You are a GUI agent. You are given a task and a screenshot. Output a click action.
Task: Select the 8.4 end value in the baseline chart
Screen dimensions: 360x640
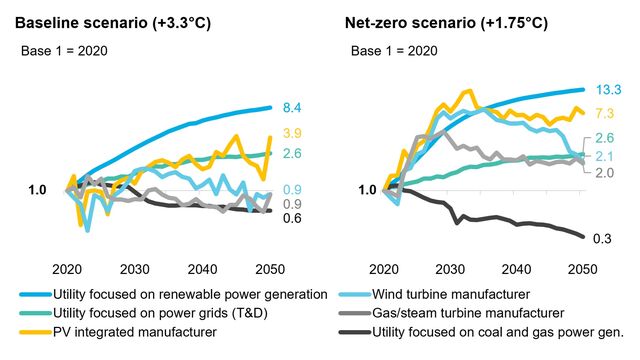(x=293, y=107)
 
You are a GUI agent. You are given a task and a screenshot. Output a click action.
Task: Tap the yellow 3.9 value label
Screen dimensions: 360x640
(x=293, y=133)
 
